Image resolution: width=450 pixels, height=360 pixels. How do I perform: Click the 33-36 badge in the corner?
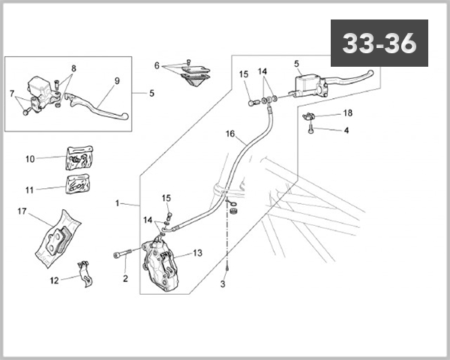tap(379, 43)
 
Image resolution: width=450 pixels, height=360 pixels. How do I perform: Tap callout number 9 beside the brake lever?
tap(117, 81)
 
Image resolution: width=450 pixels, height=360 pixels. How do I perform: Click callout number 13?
tap(197, 253)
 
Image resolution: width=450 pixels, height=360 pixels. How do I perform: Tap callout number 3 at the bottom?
tap(223, 284)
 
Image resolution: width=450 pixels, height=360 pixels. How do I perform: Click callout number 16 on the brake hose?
tap(230, 134)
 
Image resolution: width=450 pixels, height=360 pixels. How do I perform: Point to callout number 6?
tap(157, 65)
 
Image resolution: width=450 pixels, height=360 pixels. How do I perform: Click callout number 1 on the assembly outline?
tap(117, 203)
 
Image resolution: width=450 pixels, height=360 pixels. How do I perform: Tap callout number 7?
tap(13, 94)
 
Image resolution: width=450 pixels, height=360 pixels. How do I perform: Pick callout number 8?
tap(73, 67)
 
